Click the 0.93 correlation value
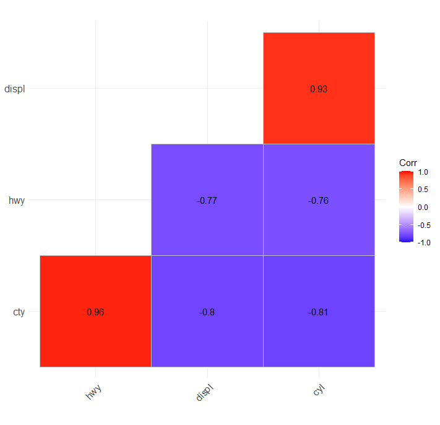[319, 89]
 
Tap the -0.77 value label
[207, 200]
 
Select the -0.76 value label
[319, 200]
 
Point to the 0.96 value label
[95, 312]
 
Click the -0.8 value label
[207, 312]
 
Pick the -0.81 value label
[319, 312]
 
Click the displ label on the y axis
[15, 89]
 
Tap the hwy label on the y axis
[17, 200]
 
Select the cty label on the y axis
[19, 312]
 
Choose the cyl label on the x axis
[319, 390]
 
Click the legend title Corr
[408, 163]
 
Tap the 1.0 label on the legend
[423, 172]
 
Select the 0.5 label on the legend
[423, 190]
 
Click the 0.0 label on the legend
[423, 208]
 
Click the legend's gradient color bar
[406, 207]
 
